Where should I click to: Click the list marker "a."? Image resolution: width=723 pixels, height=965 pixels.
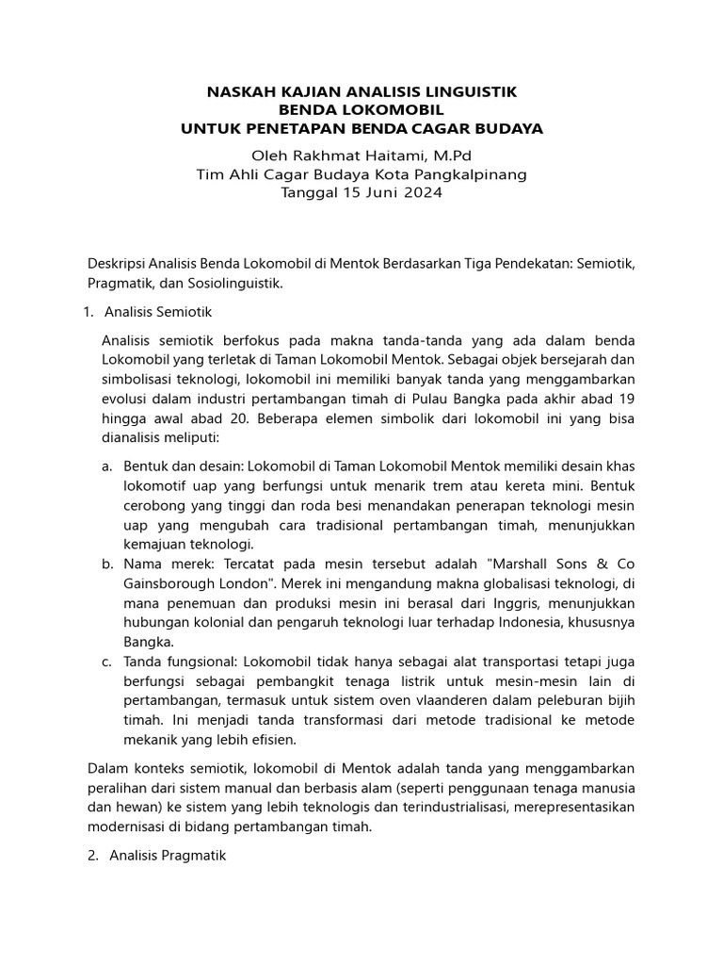pyautogui.click(x=107, y=466)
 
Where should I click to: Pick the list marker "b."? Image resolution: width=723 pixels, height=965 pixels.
pyautogui.click(x=107, y=564)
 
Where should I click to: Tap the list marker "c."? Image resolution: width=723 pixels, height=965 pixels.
pyautogui.click(x=107, y=662)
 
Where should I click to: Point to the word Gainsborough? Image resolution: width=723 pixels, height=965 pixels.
pyautogui.click(x=169, y=584)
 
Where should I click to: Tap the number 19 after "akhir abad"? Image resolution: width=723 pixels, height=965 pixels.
pyautogui.click(x=626, y=399)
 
